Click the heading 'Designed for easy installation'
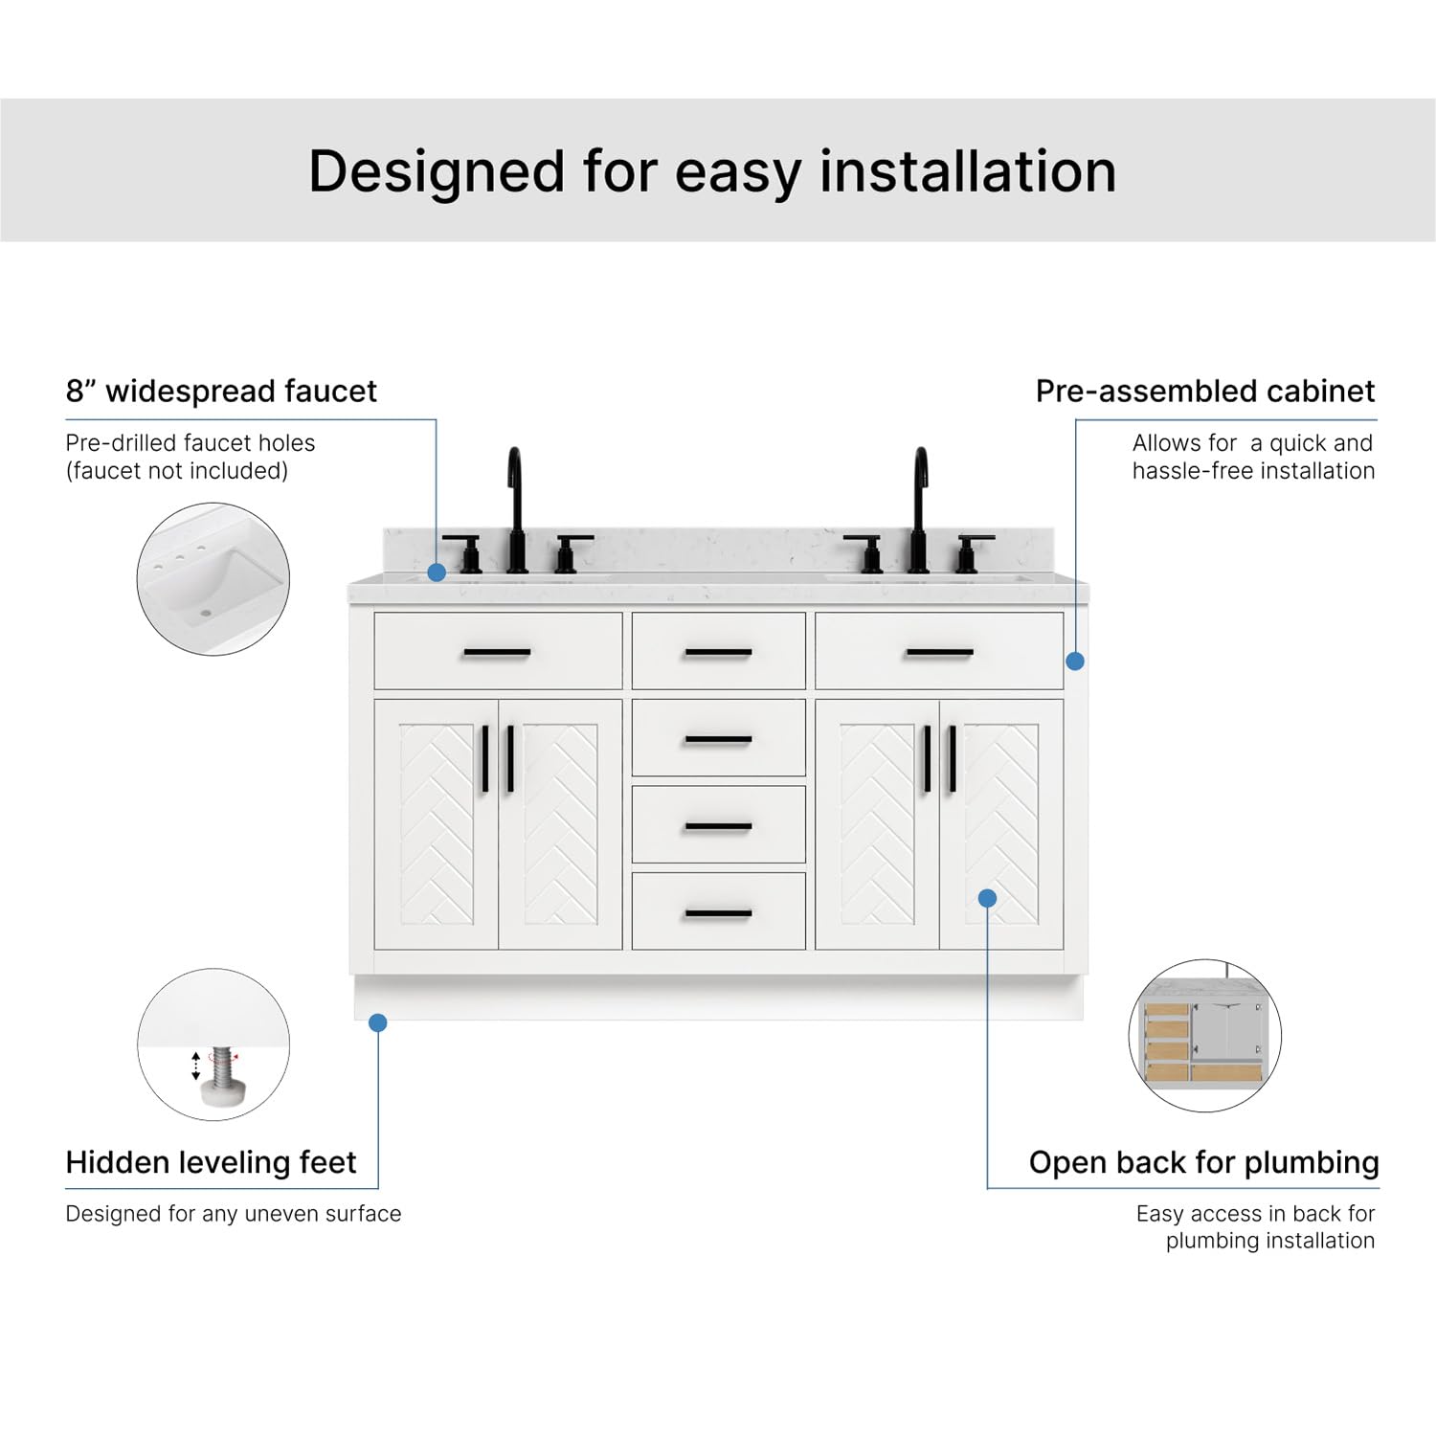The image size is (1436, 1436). pyautogui.click(x=712, y=172)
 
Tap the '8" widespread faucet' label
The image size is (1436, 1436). pyautogui.click(x=221, y=391)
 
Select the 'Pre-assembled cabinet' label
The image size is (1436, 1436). pyautogui.click(x=1204, y=391)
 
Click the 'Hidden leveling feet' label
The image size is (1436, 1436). pyautogui.click(x=211, y=1162)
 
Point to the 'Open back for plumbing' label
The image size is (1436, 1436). pyautogui.click(x=1203, y=1162)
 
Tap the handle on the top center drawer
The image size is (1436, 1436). pyautogui.click(x=718, y=653)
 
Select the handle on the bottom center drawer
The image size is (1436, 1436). pyautogui.click(x=718, y=913)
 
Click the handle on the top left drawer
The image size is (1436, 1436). pyautogui.click(x=497, y=653)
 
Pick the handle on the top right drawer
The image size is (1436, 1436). pyautogui.click(x=939, y=653)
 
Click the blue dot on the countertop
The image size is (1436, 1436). pyautogui.click(x=437, y=572)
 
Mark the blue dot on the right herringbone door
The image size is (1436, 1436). pyautogui.click(x=988, y=898)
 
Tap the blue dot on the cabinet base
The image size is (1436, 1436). pyautogui.click(x=378, y=1022)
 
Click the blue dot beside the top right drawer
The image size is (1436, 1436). pyautogui.click(x=1075, y=661)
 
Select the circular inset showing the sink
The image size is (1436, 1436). pyautogui.click(x=213, y=579)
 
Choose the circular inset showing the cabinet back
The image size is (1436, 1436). pyautogui.click(x=1204, y=1036)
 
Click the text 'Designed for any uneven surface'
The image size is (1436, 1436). pyautogui.click(x=234, y=1214)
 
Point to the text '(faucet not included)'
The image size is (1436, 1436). pyautogui.click(x=177, y=471)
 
